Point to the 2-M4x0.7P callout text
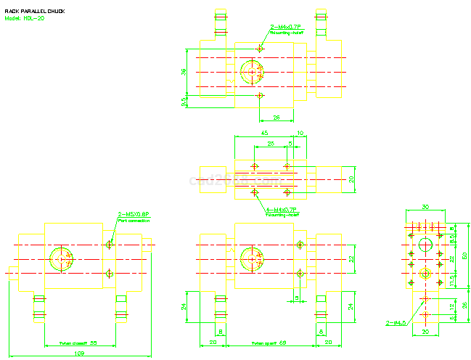click(286, 27)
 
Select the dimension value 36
click(184, 72)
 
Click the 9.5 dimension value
click(184, 102)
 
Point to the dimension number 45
click(263, 133)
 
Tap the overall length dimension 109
click(79, 353)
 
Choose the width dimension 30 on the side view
click(425, 206)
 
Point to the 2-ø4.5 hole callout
click(396, 323)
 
